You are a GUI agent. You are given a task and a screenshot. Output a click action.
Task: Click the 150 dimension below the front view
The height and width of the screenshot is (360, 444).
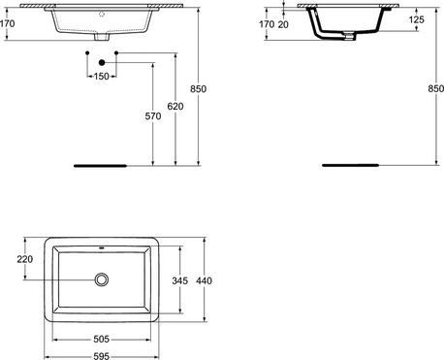pyautogui.click(x=101, y=76)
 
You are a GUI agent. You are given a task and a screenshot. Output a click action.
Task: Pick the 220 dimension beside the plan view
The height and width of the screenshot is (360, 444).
pyautogui.click(x=26, y=259)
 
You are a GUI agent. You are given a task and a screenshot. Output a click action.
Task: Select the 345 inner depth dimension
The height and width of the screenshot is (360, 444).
pyautogui.click(x=176, y=279)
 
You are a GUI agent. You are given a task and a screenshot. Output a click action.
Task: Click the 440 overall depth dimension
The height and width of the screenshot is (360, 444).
pyautogui.click(x=204, y=279)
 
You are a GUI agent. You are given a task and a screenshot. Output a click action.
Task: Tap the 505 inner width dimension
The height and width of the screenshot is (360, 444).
pyautogui.click(x=101, y=341)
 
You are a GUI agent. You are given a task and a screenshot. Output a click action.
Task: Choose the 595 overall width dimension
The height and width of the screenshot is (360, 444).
pyautogui.click(x=101, y=355)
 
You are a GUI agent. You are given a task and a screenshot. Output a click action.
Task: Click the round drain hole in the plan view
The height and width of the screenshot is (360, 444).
pyautogui.click(x=101, y=279)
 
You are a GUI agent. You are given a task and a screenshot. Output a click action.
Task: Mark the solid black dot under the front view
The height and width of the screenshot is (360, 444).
pyautogui.click(x=101, y=61)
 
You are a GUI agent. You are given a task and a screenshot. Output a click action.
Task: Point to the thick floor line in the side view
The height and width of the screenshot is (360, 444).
pyautogui.click(x=339, y=165)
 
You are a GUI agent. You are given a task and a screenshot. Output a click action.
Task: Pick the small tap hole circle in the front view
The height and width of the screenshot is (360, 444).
pyautogui.click(x=101, y=16)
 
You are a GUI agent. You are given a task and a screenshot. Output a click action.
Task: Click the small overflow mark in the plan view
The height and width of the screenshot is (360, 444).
pyautogui.click(x=101, y=246)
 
